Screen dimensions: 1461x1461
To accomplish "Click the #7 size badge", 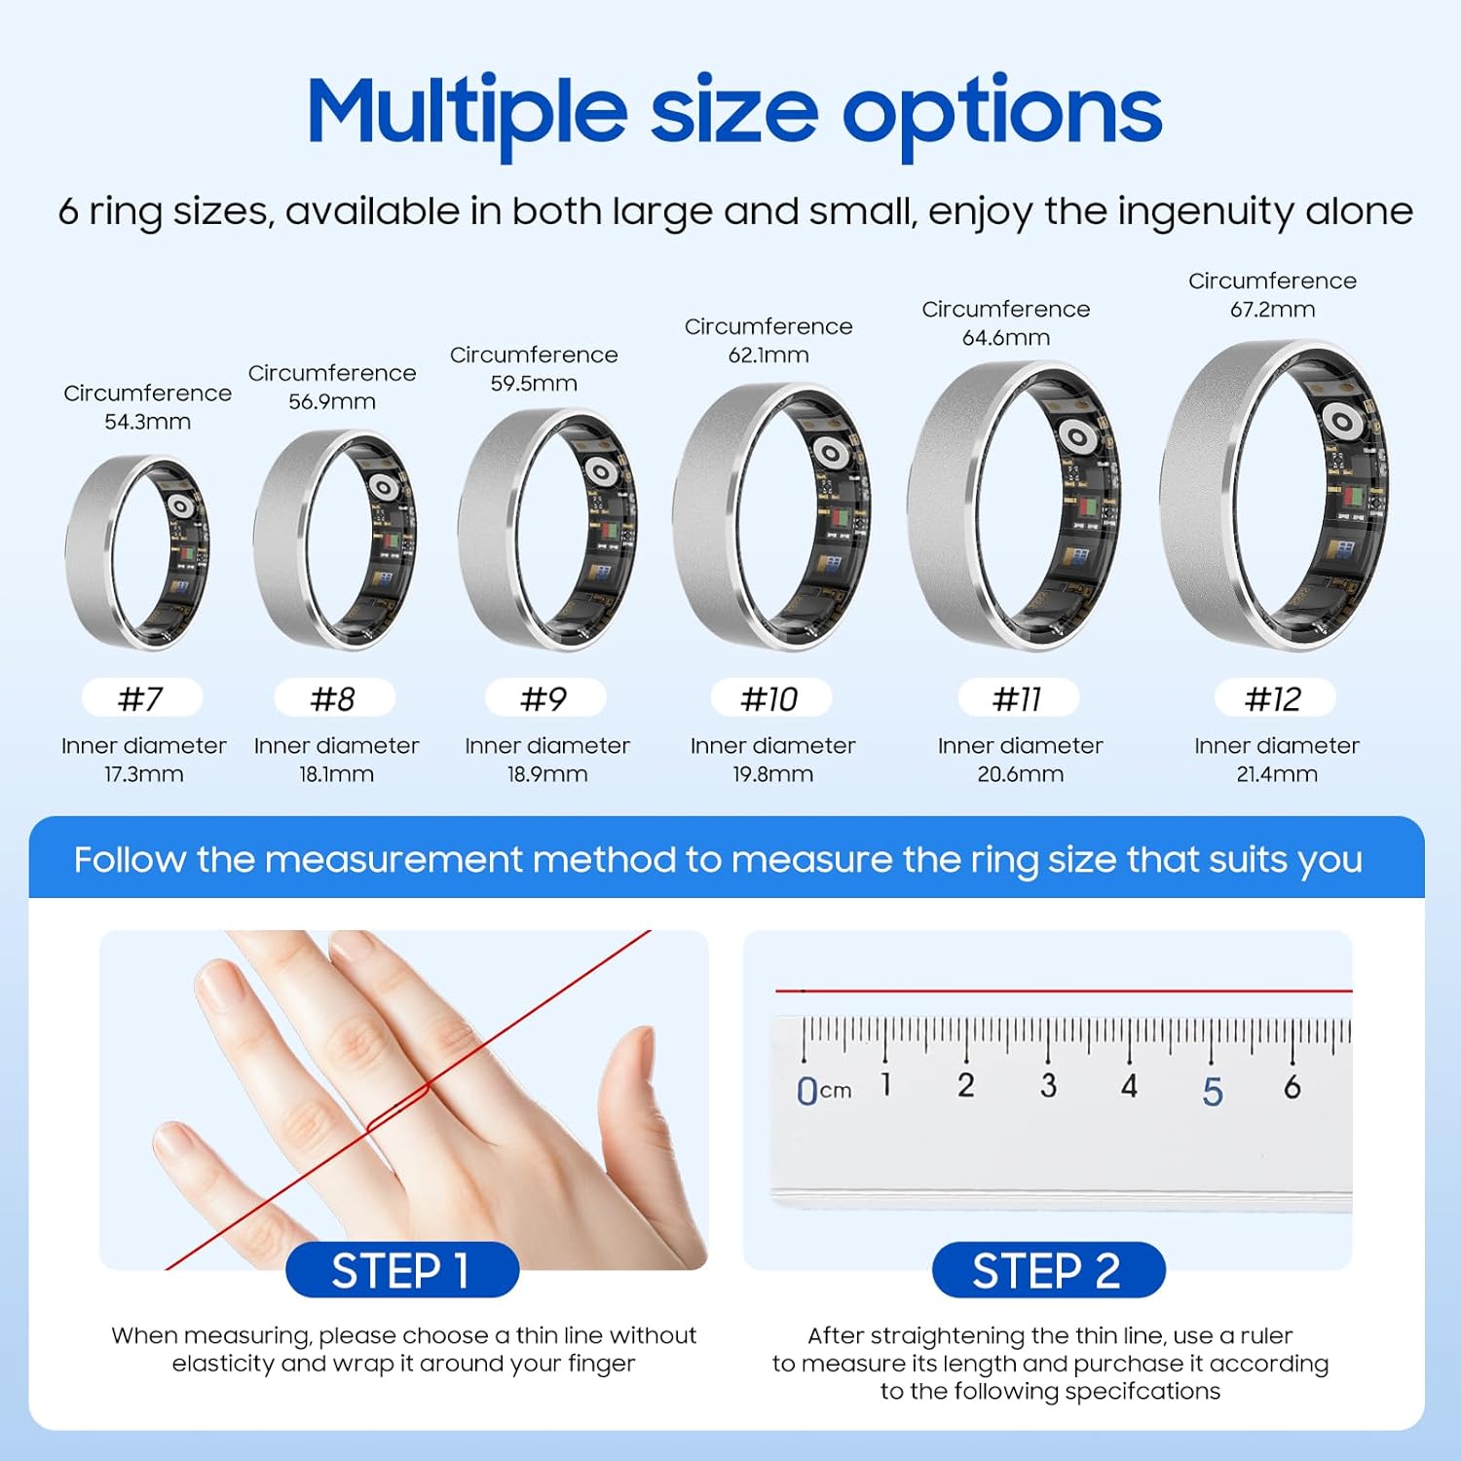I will (x=142, y=698).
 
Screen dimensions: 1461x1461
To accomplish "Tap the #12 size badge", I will (x=1274, y=698).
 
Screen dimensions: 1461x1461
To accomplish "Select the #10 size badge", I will (x=770, y=698).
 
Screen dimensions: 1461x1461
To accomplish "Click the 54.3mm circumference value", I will (x=147, y=422).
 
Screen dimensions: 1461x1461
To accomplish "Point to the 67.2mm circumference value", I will (x=1272, y=310).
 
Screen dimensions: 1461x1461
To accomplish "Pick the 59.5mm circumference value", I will (x=534, y=384).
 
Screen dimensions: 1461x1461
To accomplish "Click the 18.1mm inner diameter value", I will (x=336, y=774).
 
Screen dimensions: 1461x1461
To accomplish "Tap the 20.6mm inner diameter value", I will (x=1020, y=774).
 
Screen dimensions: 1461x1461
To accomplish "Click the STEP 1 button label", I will (x=401, y=1271).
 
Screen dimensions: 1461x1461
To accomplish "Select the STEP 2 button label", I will (x=1048, y=1271).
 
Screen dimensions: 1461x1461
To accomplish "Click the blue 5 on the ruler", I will (x=1213, y=1092).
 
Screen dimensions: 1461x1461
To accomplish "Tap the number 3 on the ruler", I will (x=1048, y=1085).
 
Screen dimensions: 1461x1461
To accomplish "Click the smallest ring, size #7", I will (x=137, y=551).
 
